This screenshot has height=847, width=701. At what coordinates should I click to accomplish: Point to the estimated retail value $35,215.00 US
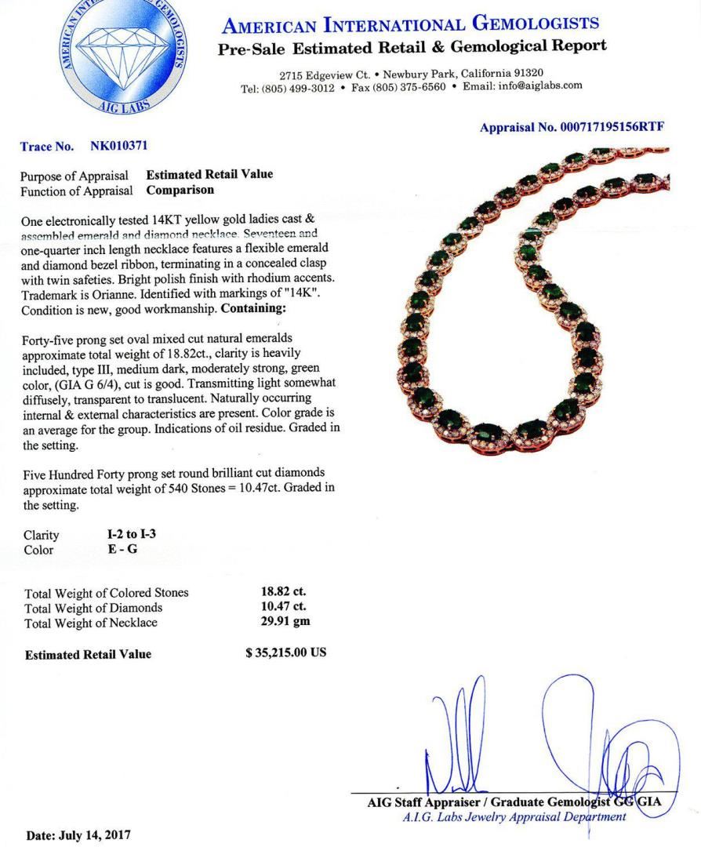pyautogui.click(x=286, y=653)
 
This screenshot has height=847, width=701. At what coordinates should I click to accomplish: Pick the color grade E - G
pyautogui.click(x=123, y=549)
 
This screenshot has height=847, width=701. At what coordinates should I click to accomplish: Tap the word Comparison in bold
pyautogui.click(x=180, y=190)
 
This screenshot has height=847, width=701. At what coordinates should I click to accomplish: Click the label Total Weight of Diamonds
pyautogui.click(x=94, y=607)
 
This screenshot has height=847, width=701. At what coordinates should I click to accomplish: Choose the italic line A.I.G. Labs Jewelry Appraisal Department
pyautogui.click(x=514, y=817)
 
